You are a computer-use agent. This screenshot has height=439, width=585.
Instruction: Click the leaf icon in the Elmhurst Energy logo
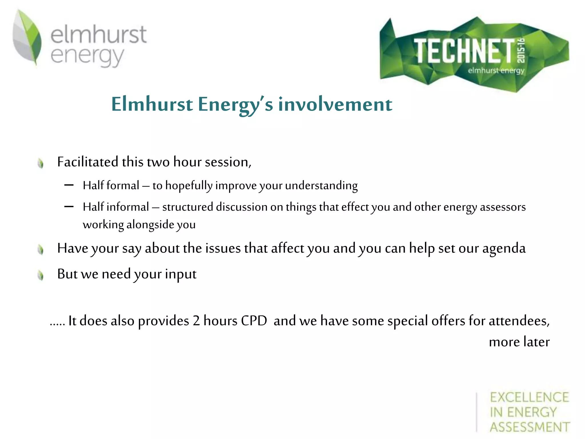click(x=27, y=37)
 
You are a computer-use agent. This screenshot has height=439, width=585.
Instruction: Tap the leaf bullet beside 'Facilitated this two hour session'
click(x=41, y=163)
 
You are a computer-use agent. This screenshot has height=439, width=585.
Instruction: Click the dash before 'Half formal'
click(x=69, y=185)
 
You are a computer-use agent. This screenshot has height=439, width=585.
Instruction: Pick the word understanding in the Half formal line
click(x=321, y=186)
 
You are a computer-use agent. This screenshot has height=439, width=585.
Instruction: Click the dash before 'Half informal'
click(x=69, y=207)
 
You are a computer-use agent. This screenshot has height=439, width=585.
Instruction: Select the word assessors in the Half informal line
click(x=503, y=207)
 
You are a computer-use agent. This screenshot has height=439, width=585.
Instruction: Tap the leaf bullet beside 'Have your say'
click(x=41, y=250)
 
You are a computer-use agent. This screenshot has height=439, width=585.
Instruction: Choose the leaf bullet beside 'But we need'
click(x=41, y=276)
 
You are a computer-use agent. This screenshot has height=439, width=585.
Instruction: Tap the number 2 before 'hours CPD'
click(x=196, y=321)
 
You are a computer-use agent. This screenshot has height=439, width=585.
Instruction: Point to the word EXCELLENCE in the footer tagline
click(x=530, y=397)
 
